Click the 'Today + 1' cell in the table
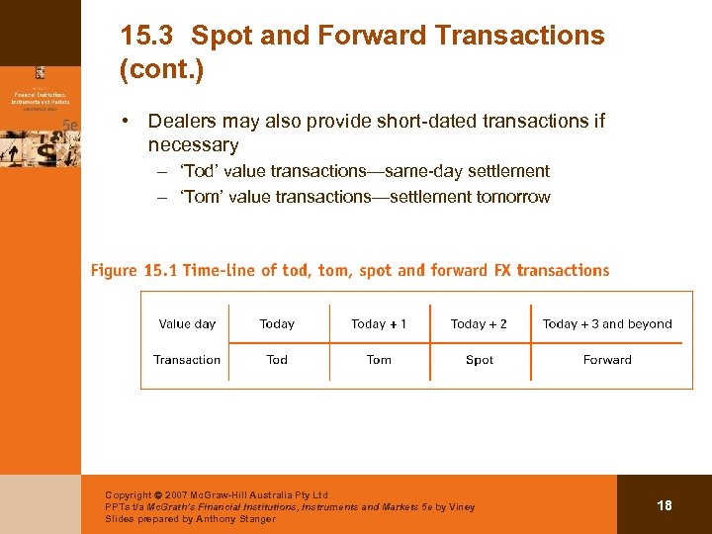click(x=379, y=323)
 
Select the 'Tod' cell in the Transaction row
click(x=277, y=360)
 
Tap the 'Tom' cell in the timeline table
click(x=379, y=360)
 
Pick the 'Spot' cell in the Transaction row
click(x=480, y=360)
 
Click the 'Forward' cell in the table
click(x=607, y=360)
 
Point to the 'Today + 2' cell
click(x=479, y=323)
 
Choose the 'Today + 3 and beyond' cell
click(x=607, y=323)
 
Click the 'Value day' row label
click(x=187, y=323)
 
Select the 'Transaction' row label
click(x=187, y=360)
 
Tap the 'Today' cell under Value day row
click(x=277, y=323)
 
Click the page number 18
click(x=665, y=505)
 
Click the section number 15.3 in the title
click(x=145, y=37)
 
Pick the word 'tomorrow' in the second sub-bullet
click(x=513, y=197)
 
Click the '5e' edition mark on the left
click(x=70, y=125)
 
